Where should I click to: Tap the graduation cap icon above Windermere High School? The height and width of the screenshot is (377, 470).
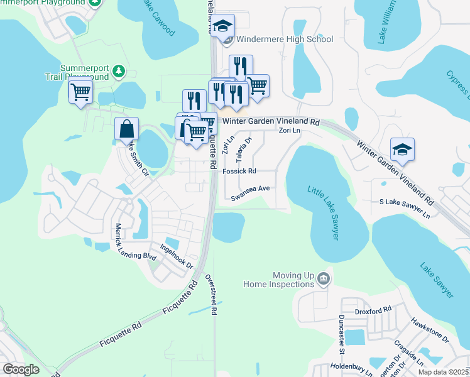(222, 26)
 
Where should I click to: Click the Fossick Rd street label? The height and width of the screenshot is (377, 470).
(239, 171)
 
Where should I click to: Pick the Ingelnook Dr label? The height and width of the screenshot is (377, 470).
(176, 256)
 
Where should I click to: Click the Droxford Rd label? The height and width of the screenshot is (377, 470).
(373, 309)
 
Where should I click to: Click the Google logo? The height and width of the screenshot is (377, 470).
(21, 369)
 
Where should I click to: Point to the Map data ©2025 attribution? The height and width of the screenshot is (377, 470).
(443, 372)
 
